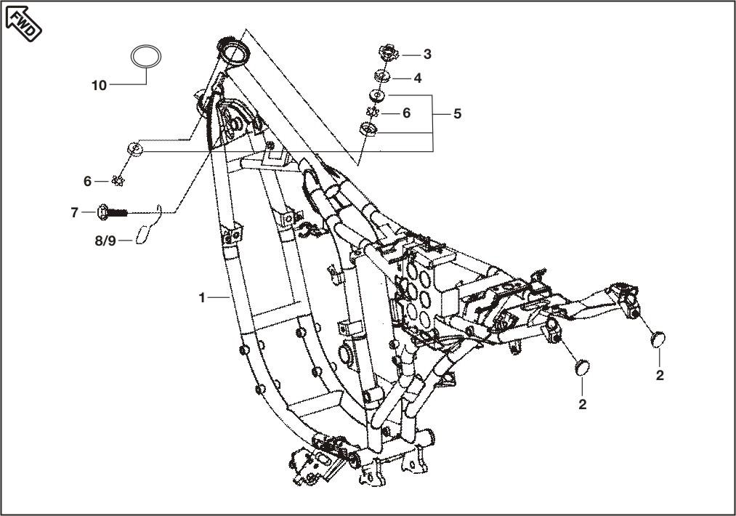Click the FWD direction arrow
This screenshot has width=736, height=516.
coord(24,23)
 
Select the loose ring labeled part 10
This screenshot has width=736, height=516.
coord(146,56)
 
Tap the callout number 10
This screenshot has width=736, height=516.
coord(100,86)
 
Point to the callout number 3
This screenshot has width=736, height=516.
coord(427,55)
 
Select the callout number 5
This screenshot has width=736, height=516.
coord(457,114)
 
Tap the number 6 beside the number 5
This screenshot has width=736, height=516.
coord(406,113)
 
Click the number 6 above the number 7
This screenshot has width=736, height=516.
coord(87,181)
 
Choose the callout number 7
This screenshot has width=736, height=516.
coord(74,213)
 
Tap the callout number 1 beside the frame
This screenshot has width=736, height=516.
coord(203,297)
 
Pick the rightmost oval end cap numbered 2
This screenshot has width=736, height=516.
coord(659,339)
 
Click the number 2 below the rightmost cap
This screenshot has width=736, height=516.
coord(660,376)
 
